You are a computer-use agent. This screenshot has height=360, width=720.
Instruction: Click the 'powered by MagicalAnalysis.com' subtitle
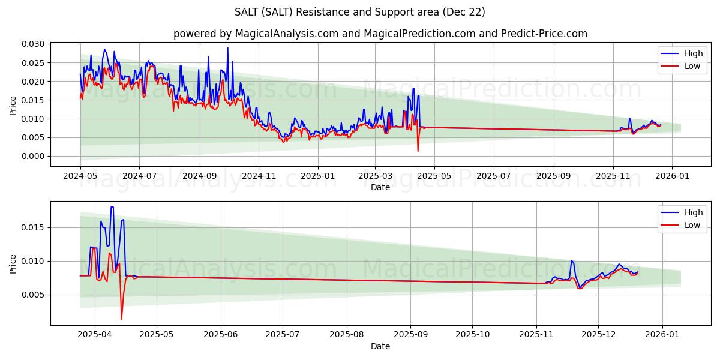pyautogui.click(x=380, y=34)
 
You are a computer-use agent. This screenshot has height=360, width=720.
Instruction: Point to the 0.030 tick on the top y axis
pyautogui.click(x=34, y=44)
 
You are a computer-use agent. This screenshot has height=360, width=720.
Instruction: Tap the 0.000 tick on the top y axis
pyautogui.click(x=34, y=156)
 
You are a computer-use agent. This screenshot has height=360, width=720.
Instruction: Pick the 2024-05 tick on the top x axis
pyautogui.click(x=80, y=177)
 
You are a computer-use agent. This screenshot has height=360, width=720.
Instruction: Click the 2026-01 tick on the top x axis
pyautogui.click(x=671, y=177)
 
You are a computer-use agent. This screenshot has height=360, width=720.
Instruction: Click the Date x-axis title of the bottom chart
pyautogui.click(x=380, y=346)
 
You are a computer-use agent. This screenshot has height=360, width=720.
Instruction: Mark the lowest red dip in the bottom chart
pyautogui.click(x=121, y=319)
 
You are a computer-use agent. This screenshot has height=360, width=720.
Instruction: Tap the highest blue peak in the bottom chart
pyautogui.click(x=112, y=207)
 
